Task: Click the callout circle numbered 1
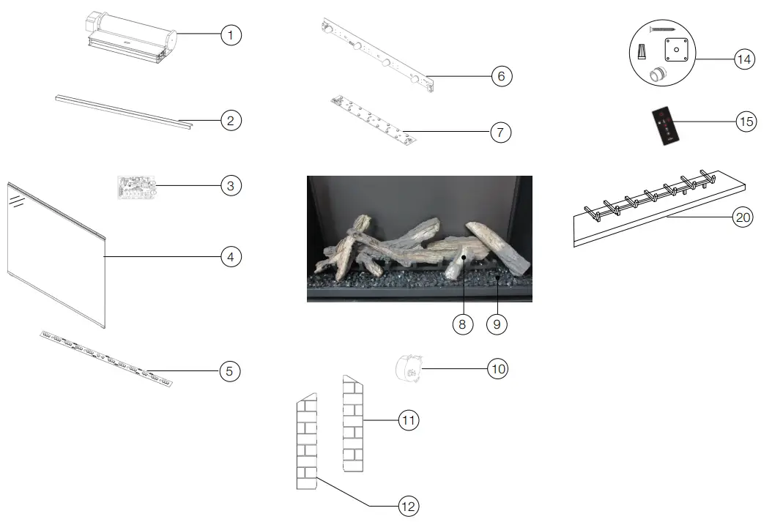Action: (x=231, y=35)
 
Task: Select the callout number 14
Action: (x=744, y=59)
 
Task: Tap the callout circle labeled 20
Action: (x=743, y=217)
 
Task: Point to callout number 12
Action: (x=408, y=506)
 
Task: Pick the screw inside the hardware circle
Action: (x=662, y=29)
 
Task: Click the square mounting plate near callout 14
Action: (x=676, y=50)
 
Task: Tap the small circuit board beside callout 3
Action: (x=136, y=187)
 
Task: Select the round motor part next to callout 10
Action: (x=409, y=368)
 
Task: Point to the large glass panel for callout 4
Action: (x=56, y=256)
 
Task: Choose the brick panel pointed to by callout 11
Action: (x=352, y=424)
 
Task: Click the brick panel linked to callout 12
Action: (x=306, y=441)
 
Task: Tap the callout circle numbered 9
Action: (x=497, y=324)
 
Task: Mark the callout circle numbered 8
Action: (x=462, y=324)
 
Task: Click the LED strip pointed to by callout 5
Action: (x=106, y=359)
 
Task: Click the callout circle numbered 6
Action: (x=501, y=76)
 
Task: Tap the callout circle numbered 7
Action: (x=500, y=133)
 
